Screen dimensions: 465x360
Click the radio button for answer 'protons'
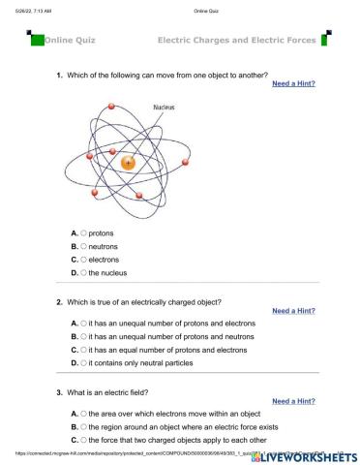[85, 233]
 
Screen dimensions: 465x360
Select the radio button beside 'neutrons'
[85, 247]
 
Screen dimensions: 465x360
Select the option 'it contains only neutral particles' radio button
[85, 362]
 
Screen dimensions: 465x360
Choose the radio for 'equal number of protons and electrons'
[85, 349]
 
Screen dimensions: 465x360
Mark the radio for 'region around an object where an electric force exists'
[85, 425]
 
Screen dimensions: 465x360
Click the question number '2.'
[59, 301]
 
